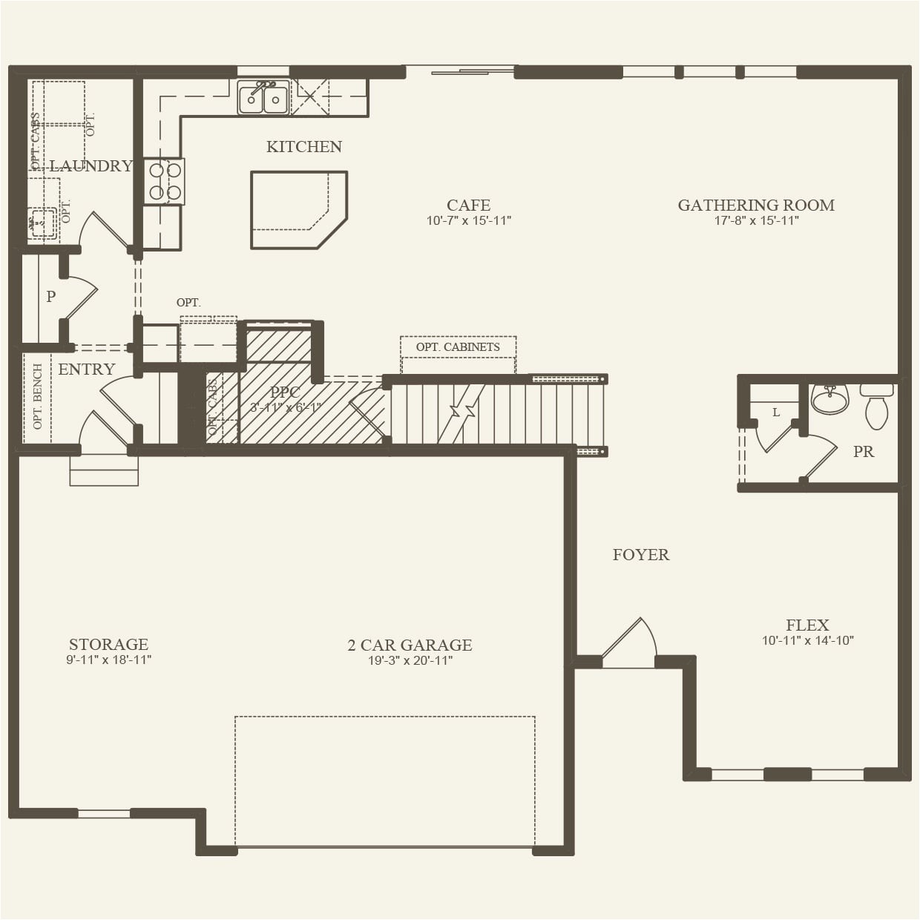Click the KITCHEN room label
click(304, 147)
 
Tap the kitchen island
click(297, 209)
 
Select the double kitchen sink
click(263, 99)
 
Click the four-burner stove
click(165, 181)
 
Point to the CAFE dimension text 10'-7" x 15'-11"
click(468, 221)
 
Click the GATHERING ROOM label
click(755, 205)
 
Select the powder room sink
click(829, 399)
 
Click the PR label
click(863, 451)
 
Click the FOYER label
click(640, 555)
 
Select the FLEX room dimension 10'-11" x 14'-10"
click(807, 641)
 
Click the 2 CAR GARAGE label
click(410, 645)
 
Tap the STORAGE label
click(108, 644)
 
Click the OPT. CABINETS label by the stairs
click(458, 347)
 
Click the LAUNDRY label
click(91, 166)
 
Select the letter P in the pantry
click(50, 297)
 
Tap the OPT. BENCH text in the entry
click(38, 397)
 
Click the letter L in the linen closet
click(776, 413)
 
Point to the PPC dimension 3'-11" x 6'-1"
click(286, 407)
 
